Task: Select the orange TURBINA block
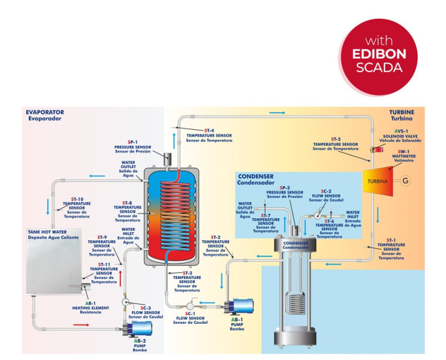point(378,181)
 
